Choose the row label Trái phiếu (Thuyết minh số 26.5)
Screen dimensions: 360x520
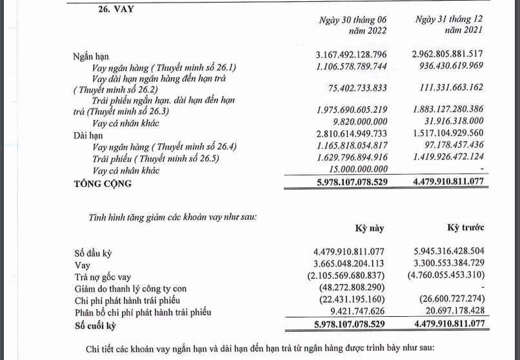point(164,159)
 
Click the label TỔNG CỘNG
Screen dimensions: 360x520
point(103,184)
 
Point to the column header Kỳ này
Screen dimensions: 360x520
point(370,228)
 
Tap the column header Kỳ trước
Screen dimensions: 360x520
point(466,228)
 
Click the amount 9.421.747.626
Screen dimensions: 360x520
point(361,313)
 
